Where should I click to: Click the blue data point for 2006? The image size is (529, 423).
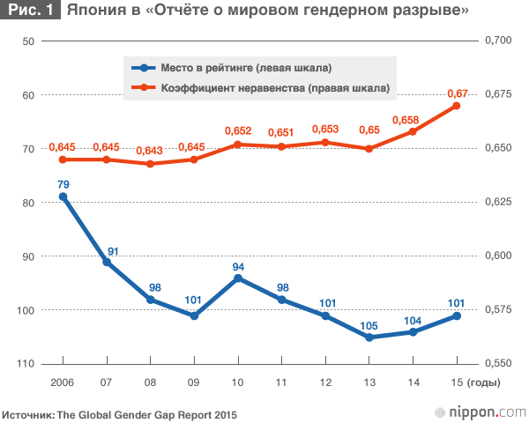63,197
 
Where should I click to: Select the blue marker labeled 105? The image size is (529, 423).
369,338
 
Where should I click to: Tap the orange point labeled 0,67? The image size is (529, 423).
457,106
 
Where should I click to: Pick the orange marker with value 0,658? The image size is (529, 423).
413,131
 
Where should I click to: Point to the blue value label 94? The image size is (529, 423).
238,266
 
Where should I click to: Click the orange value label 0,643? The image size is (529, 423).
150,149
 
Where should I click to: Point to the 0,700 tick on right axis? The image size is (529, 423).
498,41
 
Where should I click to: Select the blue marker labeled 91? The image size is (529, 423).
107,262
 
